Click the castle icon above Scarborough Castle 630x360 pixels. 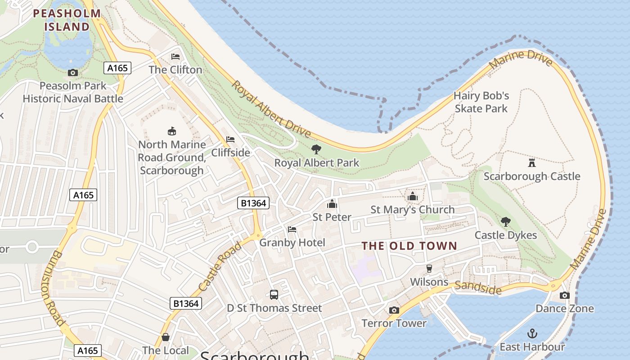tap(532, 162)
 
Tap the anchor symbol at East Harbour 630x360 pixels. tap(532, 333)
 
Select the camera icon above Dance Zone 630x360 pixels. tap(565, 295)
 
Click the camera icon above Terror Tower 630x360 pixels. tap(394, 310)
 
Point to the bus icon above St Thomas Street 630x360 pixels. tap(274, 295)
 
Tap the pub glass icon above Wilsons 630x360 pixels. tap(429, 269)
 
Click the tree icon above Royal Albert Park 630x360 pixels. tap(316, 149)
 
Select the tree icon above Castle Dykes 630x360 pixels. tap(506, 221)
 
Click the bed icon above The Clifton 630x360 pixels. tap(175, 57)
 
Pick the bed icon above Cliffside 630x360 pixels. tap(230, 139)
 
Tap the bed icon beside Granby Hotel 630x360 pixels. tap(292, 229)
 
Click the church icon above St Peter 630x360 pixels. tap(332, 204)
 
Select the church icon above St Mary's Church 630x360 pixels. tap(412, 196)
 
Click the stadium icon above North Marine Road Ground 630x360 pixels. tap(171, 131)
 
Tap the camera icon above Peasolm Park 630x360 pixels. tap(72, 72)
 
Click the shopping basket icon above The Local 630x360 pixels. tap(165, 337)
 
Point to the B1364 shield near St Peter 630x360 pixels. tap(253, 203)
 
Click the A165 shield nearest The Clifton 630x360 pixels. tap(118, 68)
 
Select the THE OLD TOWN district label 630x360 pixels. tap(409, 246)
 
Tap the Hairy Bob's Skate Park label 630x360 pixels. tap(481, 102)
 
